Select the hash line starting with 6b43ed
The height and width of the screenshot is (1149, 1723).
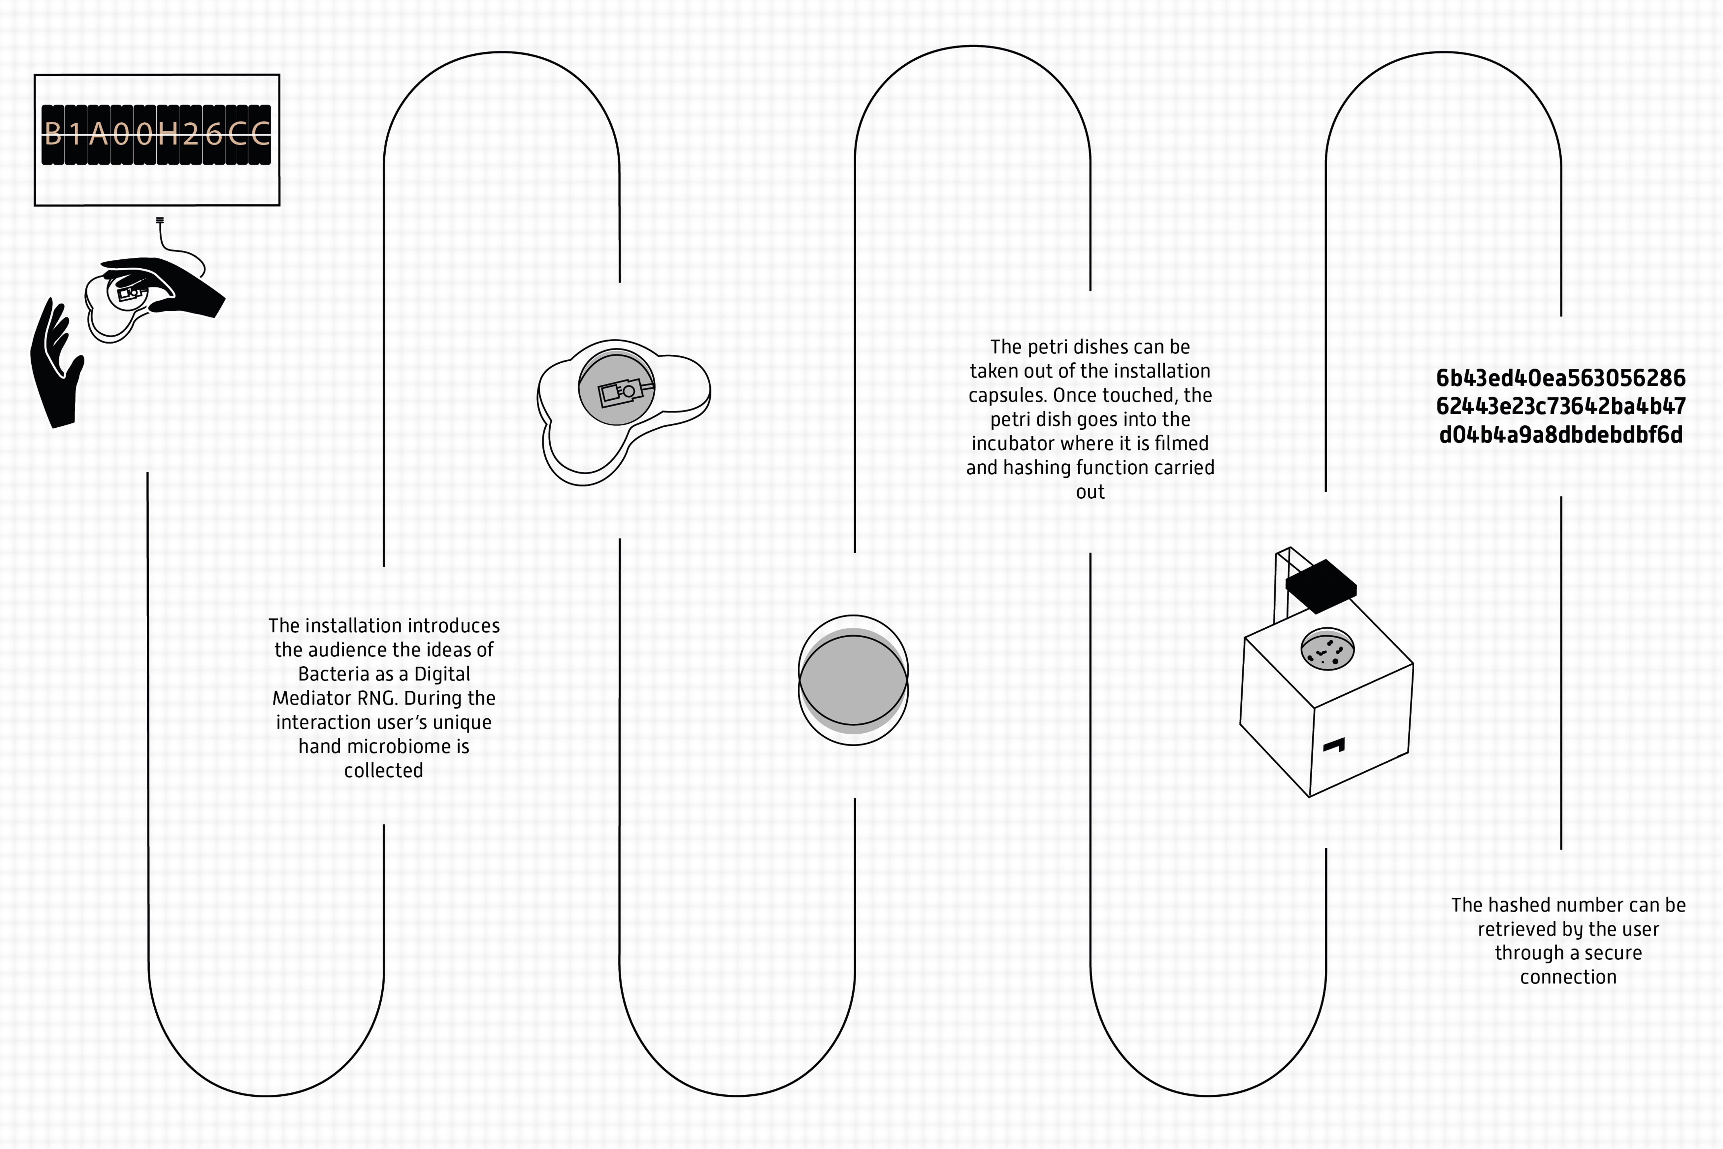pos(1560,378)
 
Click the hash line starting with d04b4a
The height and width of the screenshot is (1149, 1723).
pos(1560,435)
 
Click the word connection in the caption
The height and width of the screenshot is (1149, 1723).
pos(1568,978)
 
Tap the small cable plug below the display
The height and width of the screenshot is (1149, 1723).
pos(160,220)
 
